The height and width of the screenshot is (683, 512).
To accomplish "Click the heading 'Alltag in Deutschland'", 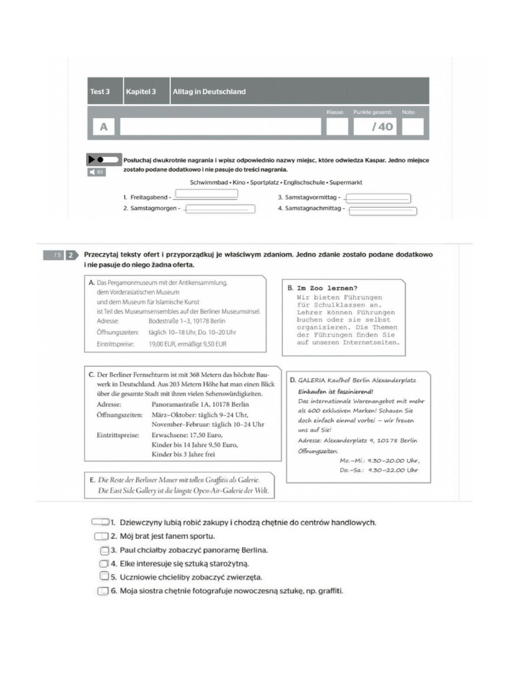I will [x=209, y=91].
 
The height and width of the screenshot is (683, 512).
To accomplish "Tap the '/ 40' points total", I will [x=382, y=127].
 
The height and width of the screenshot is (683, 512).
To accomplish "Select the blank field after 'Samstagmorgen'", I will [x=219, y=209].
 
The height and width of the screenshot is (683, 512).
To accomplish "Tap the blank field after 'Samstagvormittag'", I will [x=378, y=198].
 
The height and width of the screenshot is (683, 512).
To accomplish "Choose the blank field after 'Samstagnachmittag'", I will [x=383, y=211].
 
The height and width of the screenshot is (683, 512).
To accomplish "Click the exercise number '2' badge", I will [x=71, y=255].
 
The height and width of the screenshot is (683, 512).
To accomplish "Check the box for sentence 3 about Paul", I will [x=104, y=550].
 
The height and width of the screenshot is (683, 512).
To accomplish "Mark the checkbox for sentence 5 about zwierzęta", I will [x=104, y=576].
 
